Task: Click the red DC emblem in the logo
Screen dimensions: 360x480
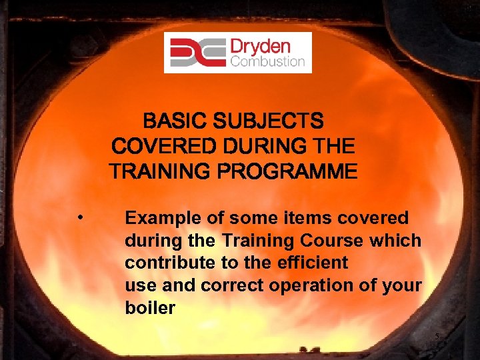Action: coord(197,53)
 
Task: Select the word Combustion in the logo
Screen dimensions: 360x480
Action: coord(267,62)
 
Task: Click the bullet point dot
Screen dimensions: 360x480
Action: coord(80,217)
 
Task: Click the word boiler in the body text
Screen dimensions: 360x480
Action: coord(149,309)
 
